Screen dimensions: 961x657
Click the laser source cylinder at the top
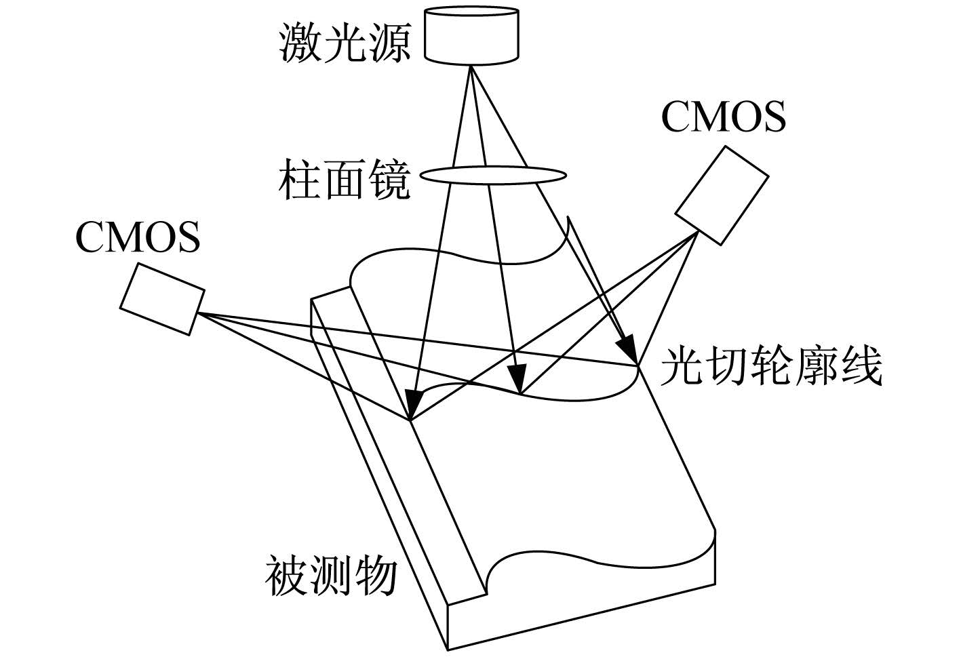coord(471,35)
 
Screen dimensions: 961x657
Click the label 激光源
coord(345,43)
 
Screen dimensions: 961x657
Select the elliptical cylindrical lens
coord(493,176)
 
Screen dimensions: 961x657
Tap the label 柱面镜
coord(345,179)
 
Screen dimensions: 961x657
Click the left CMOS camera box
coord(162,299)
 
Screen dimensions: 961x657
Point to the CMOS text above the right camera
coord(724,117)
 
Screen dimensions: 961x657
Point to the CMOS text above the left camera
coord(138,237)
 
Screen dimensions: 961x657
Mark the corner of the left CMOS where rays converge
coord(198,313)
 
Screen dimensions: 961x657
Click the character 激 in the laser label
coord(300,43)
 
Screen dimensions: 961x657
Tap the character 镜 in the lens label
coord(389,179)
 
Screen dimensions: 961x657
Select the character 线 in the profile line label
coord(861,367)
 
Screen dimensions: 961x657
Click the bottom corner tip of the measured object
coord(448,650)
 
